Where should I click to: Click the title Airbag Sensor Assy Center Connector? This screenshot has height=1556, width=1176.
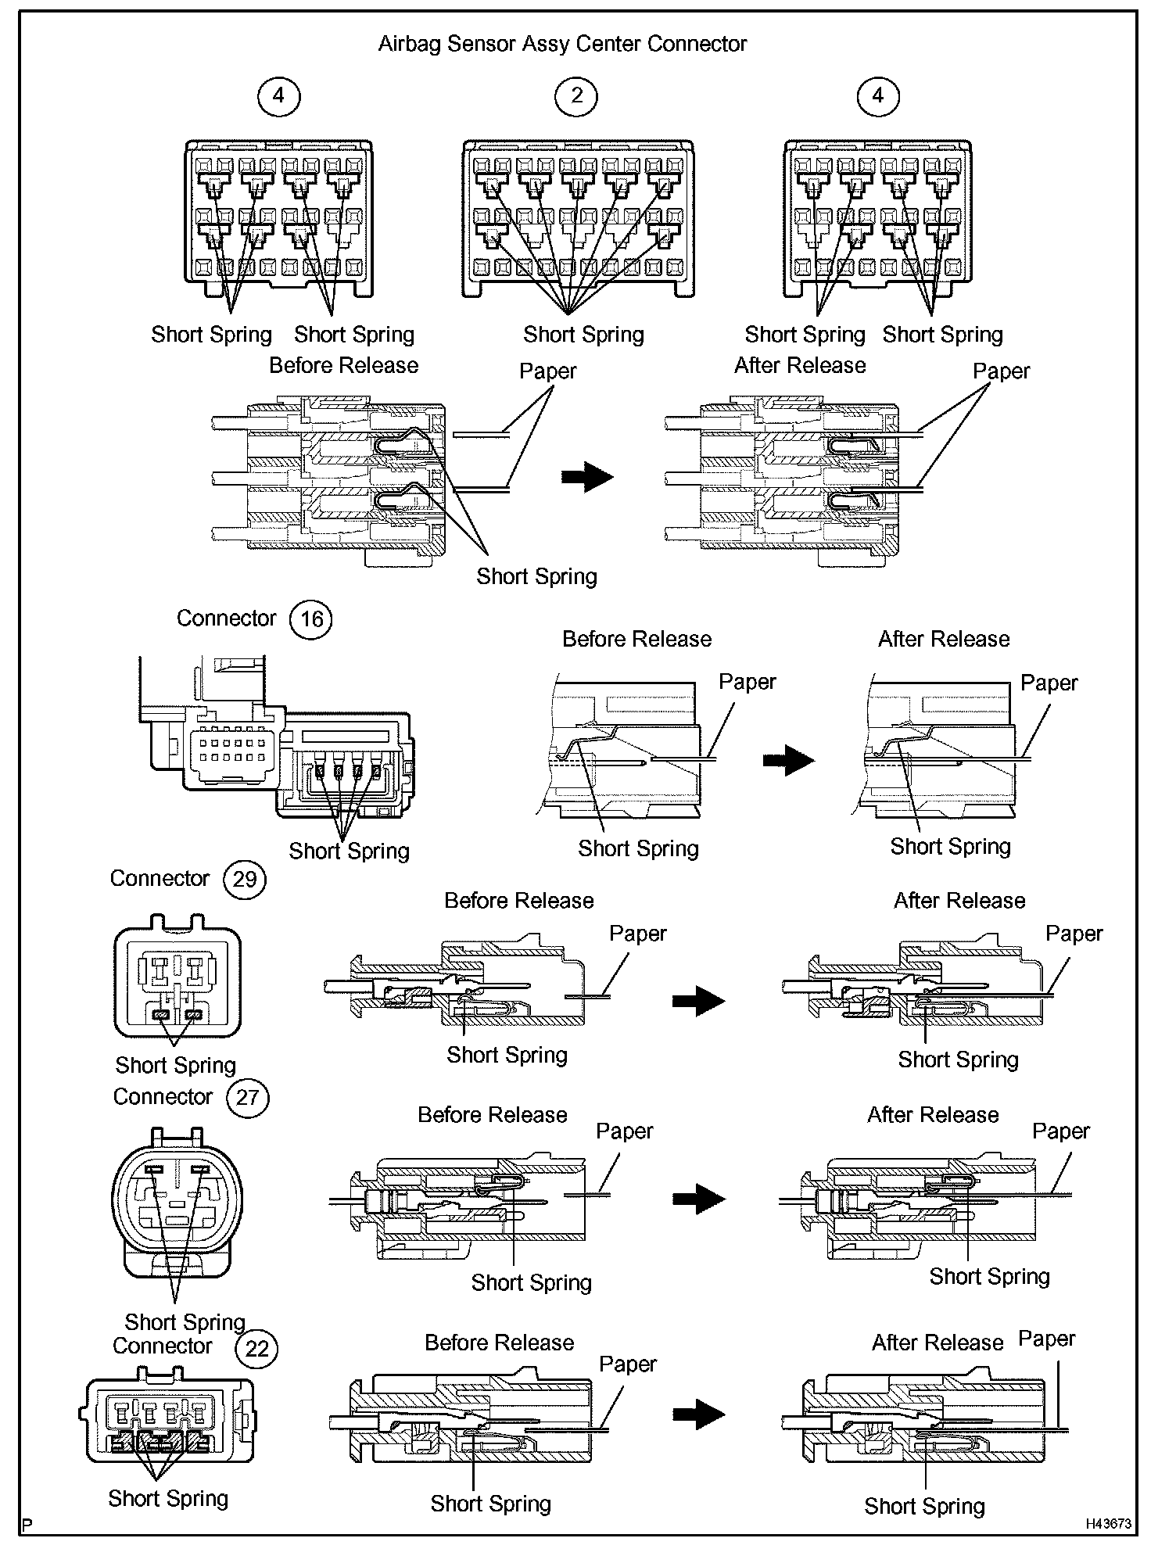(562, 44)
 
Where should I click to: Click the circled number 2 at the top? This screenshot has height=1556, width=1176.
(576, 96)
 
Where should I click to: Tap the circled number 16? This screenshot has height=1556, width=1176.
(311, 619)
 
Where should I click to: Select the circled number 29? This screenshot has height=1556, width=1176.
(245, 879)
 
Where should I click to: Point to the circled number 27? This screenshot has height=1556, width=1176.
(248, 1097)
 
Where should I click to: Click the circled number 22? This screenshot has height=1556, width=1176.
(257, 1349)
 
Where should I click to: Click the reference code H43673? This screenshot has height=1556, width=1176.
(1107, 1523)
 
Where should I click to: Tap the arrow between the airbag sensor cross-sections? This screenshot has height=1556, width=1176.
(587, 476)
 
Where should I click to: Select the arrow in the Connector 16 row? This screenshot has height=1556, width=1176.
(788, 759)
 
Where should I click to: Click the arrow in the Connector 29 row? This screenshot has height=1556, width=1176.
(698, 1000)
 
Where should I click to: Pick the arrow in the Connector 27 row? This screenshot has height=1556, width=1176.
(698, 1198)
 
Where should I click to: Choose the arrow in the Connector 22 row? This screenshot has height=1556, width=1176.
(698, 1413)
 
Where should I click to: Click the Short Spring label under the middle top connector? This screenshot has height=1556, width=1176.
(583, 335)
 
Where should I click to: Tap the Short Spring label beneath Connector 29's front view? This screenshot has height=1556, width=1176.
(175, 1065)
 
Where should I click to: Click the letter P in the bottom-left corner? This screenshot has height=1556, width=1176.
(27, 1525)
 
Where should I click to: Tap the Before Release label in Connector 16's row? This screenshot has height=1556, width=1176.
(636, 639)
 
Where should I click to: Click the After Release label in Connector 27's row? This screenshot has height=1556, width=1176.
(933, 1114)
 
